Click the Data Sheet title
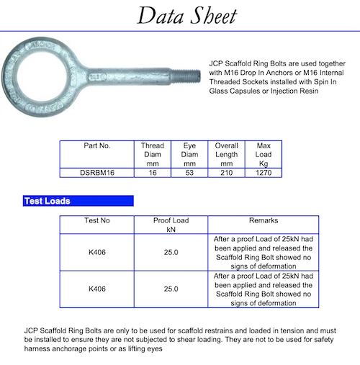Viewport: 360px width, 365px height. [x=180, y=15]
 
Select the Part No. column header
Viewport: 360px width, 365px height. [x=96, y=145]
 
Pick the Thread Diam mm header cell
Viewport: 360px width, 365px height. [x=152, y=154]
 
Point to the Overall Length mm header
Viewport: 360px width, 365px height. [x=227, y=154]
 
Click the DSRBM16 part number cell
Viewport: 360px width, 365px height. [x=96, y=173]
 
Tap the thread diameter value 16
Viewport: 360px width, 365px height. [x=152, y=173]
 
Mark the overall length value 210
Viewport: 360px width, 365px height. [x=227, y=173]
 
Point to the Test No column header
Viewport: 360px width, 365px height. [x=96, y=220]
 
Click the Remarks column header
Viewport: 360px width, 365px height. [x=263, y=220]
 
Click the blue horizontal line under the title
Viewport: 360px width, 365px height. [x=180, y=30]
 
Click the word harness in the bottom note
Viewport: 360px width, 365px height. [x=39, y=349]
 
